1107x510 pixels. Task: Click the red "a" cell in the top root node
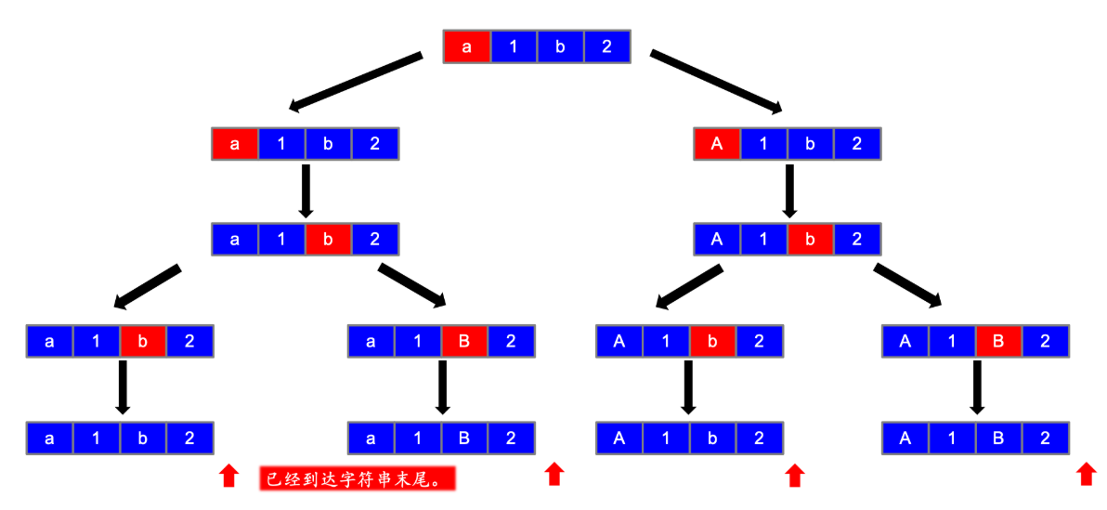coord(467,47)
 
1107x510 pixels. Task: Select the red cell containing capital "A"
coord(717,144)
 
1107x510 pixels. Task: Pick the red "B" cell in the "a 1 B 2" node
coord(464,342)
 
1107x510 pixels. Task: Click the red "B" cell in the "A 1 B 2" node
coord(998,342)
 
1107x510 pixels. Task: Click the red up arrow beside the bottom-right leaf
coord(1086,474)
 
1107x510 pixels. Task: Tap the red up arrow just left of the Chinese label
coord(228,476)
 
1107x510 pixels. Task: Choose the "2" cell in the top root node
coord(607,47)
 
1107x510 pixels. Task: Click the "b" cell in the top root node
coord(560,47)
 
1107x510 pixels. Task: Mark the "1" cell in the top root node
coord(514,47)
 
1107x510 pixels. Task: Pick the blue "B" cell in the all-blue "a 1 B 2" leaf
coord(464,438)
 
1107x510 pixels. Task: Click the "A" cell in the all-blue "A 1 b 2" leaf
coord(619,438)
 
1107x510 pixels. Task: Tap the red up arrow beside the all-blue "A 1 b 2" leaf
coord(794,476)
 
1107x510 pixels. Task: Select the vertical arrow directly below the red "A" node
coord(788,190)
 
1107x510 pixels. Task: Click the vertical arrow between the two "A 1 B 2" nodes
coord(976,386)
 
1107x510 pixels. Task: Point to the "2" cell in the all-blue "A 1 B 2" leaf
coord(1045,438)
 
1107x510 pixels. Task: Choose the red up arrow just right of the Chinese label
coord(553,474)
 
